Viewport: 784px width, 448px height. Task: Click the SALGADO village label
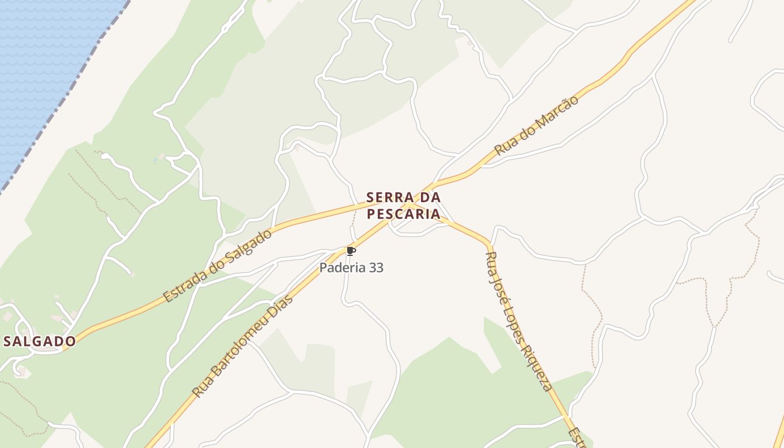point(39,341)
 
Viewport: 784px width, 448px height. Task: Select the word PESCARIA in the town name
point(403,213)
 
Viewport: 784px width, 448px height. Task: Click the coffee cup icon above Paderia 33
point(351,251)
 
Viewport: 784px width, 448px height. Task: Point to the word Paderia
point(338,268)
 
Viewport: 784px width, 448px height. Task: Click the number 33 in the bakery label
point(376,268)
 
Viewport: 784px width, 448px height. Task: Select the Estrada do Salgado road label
point(218,265)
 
